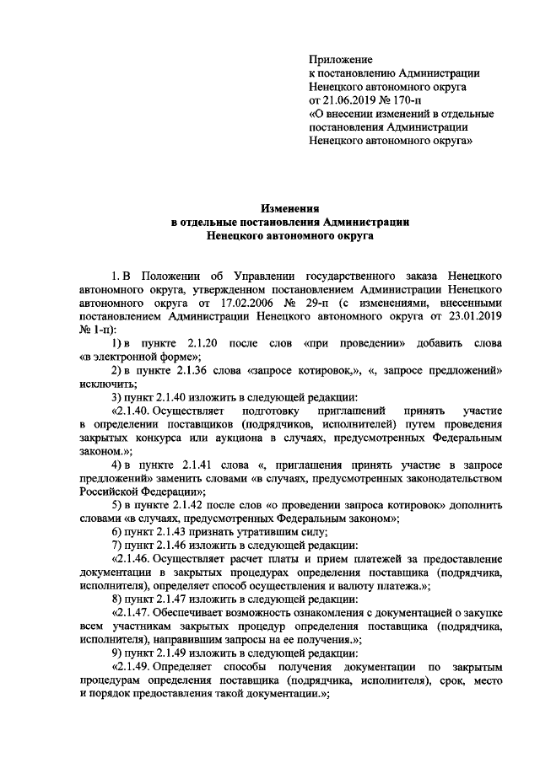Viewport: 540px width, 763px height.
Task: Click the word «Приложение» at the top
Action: click(x=341, y=60)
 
